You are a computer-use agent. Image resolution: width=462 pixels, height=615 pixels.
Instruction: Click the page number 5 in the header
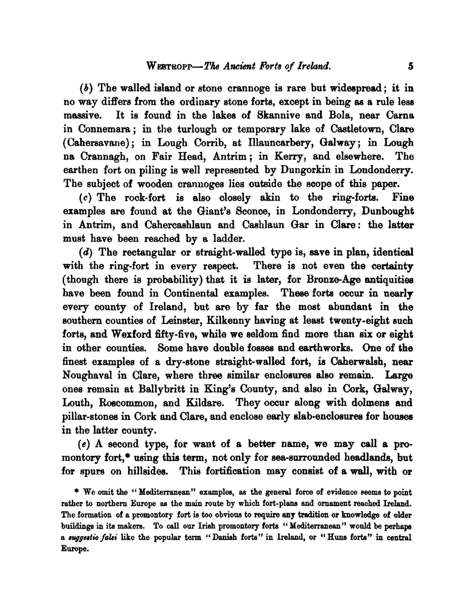[410, 66]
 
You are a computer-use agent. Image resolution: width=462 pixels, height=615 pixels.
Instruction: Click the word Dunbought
[388, 211]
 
